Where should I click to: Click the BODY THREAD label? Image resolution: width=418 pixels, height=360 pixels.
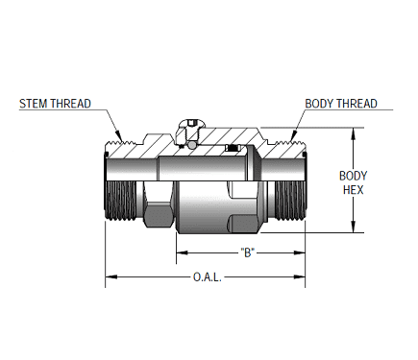(341, 104)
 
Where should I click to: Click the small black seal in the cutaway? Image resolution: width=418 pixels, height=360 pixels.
(234, 152)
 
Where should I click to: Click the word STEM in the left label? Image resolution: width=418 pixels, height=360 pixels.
(37, 104)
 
